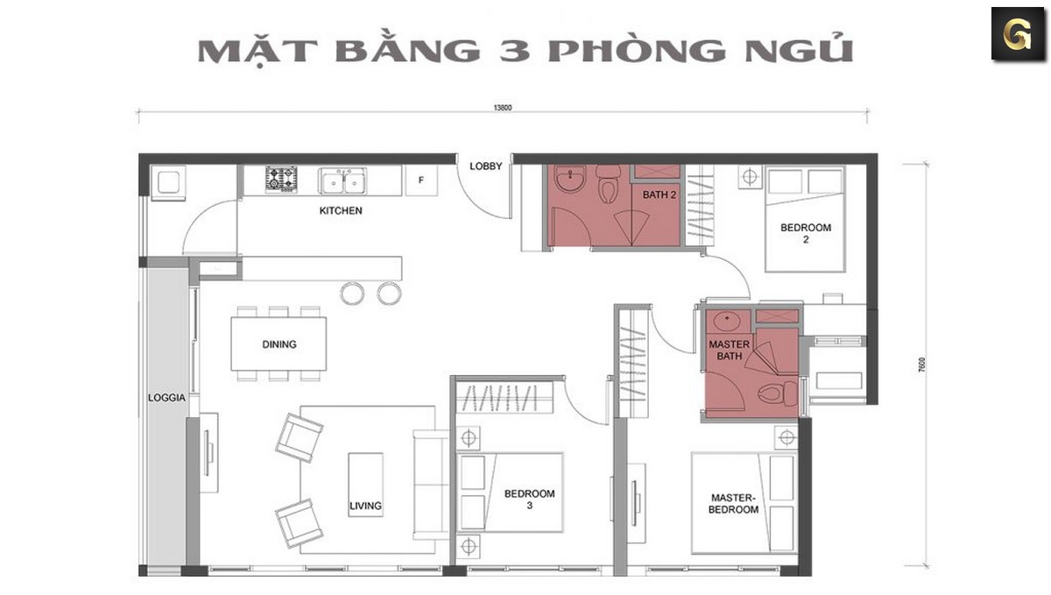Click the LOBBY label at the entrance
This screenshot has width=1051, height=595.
[x=485, y=166]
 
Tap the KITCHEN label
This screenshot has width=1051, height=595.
[x=341, y=211]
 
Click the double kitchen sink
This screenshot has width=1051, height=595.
[x=342, y=181]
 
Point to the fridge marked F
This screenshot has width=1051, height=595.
[x=421, y=181]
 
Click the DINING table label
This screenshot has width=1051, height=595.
[x=279, y=344]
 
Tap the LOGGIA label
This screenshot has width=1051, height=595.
[x=166, y=398]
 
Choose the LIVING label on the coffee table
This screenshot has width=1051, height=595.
[x=365, y=506]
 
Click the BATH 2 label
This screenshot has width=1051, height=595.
[x=660, y=195]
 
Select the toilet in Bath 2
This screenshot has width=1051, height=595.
[x=608, y=188]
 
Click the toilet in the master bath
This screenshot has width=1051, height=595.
[x=774, y=393]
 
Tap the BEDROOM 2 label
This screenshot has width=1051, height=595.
[x=805, y=233]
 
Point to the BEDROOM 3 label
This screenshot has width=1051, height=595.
[x=529, y=499]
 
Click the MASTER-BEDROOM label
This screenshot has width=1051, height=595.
[x=734, y=503]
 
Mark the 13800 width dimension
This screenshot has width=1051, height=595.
[x=502, y=109]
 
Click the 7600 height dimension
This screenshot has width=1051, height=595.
[x=922, y=365]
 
